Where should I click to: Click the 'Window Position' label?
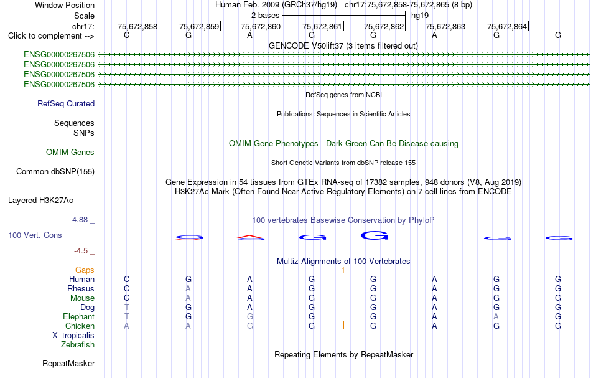pos(65,5)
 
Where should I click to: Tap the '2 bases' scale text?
pos(266,16)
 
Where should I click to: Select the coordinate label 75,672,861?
pos(322,26)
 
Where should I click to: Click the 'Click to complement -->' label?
pos(51,36)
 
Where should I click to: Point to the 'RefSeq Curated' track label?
pos(66,104)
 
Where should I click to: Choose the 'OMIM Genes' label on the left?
pos(70,152)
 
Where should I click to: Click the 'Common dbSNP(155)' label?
pos(55,172)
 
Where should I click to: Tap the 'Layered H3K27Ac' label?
pos(40,201)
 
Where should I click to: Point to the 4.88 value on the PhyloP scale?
pos(80,220)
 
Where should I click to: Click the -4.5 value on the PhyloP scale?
pos(81,251)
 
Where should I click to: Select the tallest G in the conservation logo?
pos(374,235)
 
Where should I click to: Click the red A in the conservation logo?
pos(250,237)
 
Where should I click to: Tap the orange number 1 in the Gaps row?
pos(343,270)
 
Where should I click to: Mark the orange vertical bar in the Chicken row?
pos(343,325)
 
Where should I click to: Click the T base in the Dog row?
pos(127,308)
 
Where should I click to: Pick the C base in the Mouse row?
pos(127,298)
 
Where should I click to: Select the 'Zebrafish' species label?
pos(78,345)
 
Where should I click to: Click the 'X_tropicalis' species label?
pos(73,336)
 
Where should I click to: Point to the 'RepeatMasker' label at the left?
pos(68,363)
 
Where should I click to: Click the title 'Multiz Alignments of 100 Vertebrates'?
pos(343,261)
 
